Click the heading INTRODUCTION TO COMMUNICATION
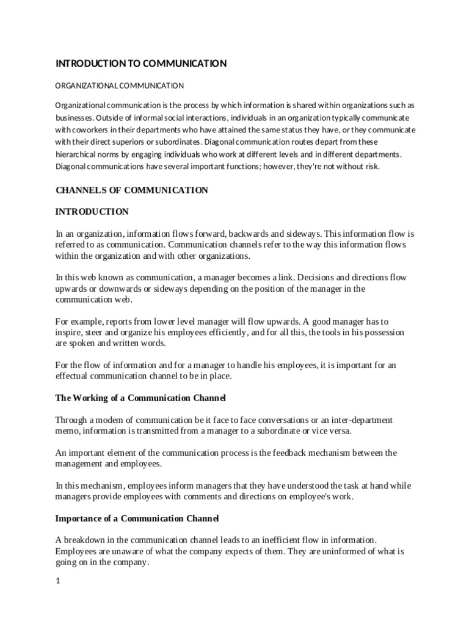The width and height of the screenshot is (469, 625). click(141, 63)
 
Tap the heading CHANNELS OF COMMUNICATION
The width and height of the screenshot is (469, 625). click(132, 190)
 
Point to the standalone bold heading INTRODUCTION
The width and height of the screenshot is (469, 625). click(92, 212)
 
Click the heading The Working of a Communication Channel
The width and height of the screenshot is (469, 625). click(140, 398)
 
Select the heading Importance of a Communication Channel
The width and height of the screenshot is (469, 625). click(137, 518)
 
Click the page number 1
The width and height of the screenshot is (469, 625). click(58, 581)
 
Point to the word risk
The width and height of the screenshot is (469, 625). click(372, 167)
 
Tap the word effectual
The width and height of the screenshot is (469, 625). click(73, 377)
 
